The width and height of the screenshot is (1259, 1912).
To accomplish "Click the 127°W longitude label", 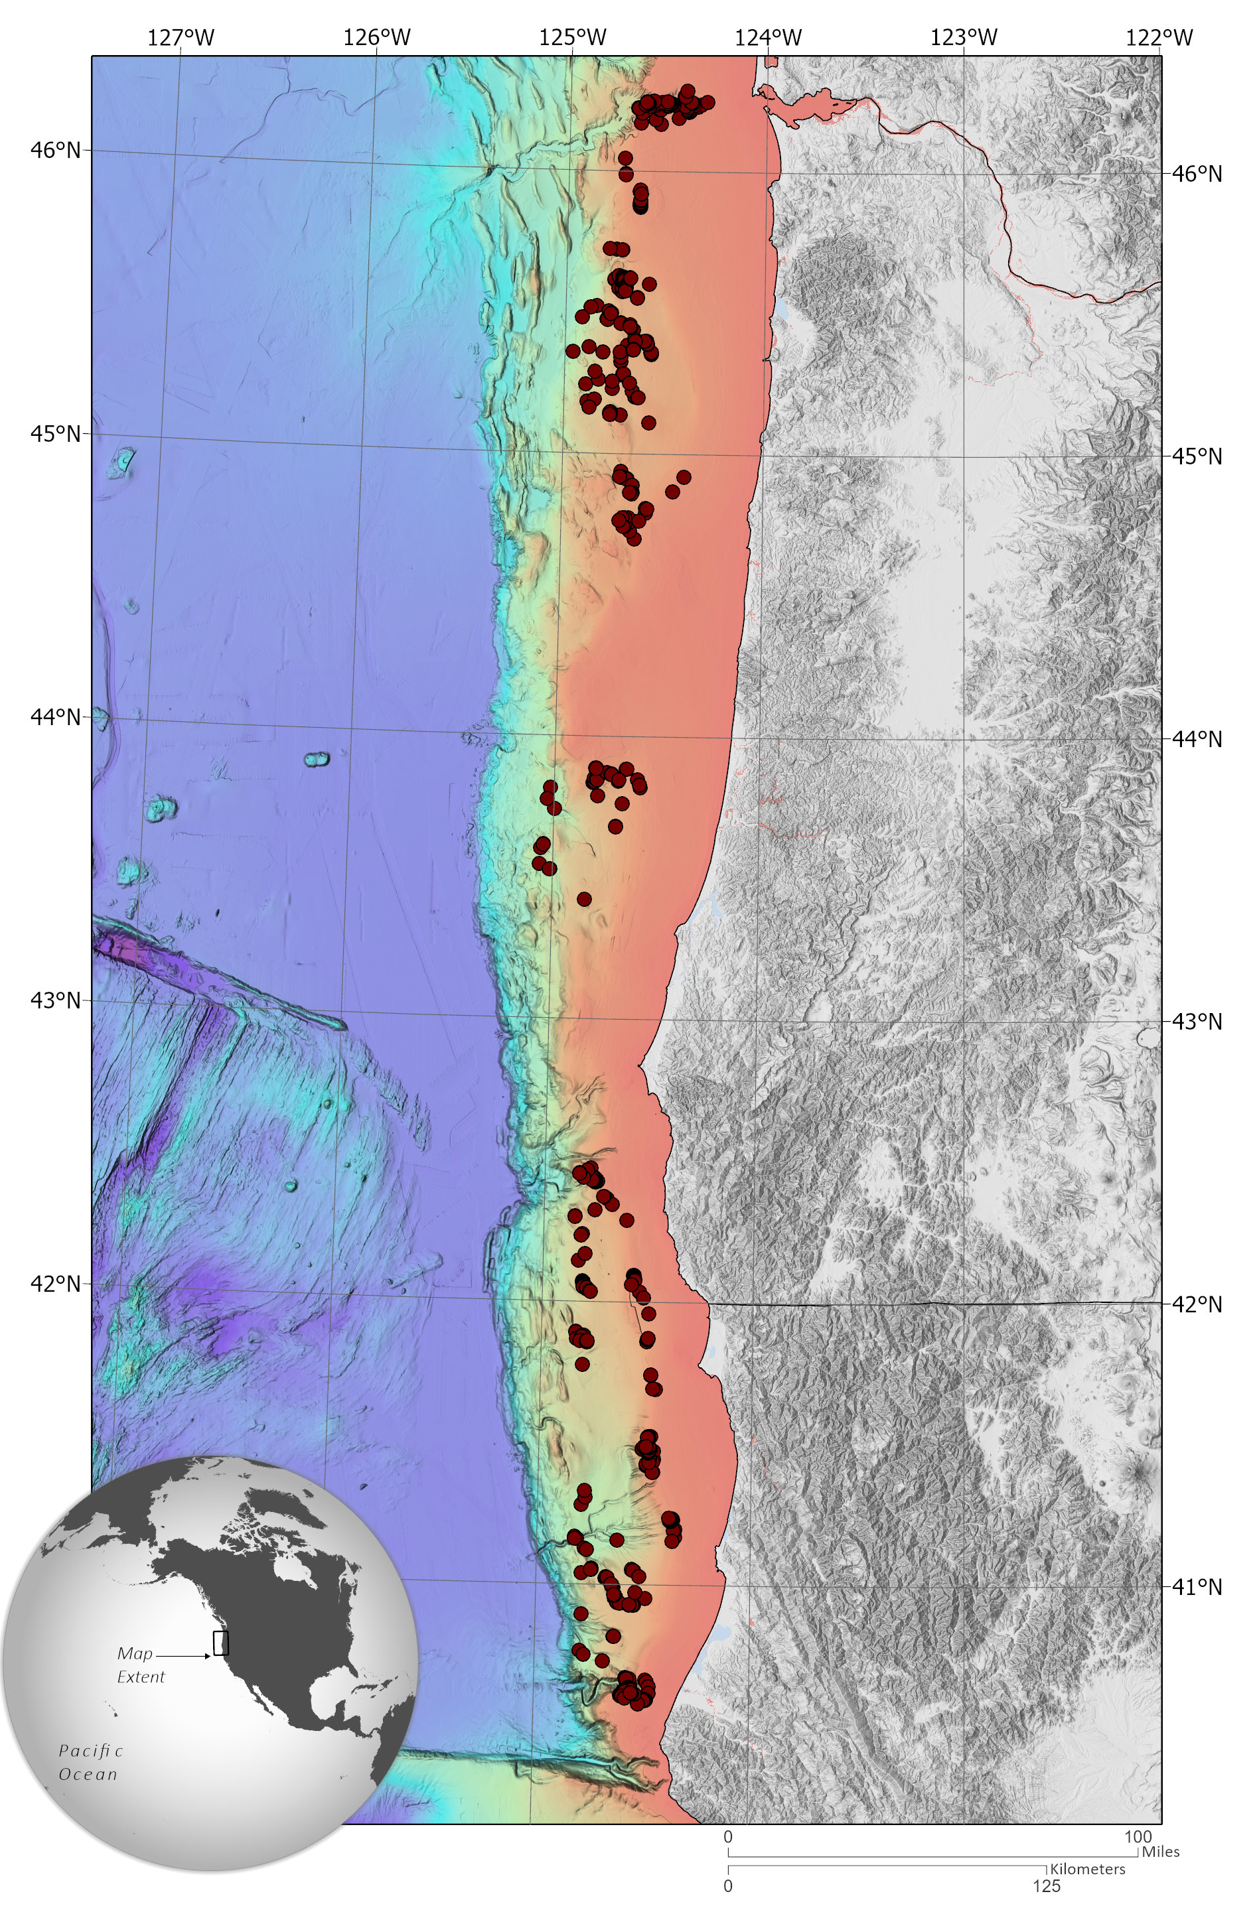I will coord(182,37).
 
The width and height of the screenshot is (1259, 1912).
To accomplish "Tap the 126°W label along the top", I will coord(377,37).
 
